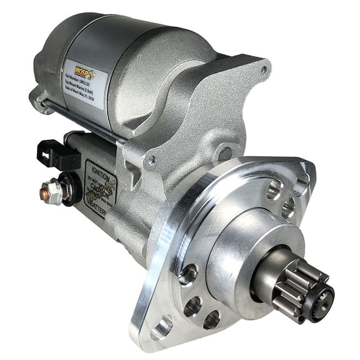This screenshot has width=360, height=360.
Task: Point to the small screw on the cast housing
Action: [x=152, y=161]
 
